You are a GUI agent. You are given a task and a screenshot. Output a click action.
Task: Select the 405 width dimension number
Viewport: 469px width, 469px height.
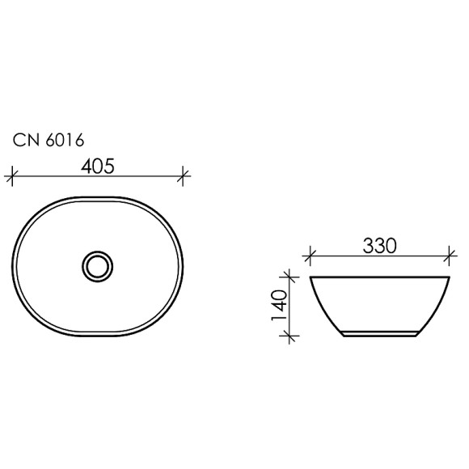coord(97,165)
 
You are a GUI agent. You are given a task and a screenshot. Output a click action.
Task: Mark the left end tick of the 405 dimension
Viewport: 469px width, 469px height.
coord(11,175)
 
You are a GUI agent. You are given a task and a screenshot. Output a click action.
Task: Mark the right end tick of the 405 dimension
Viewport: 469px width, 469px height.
coord(184,175)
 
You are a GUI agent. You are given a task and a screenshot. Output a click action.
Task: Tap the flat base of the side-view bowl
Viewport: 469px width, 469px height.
coord(378,335)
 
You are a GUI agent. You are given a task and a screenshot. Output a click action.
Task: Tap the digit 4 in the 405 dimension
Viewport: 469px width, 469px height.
coord(86,165)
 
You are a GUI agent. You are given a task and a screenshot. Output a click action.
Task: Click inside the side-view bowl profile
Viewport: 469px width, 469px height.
coord(378,303)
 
